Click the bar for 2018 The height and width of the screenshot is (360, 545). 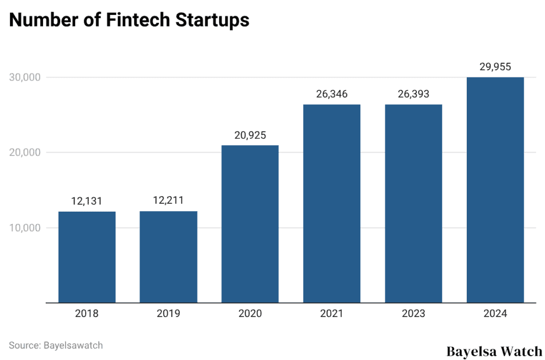(87, 257)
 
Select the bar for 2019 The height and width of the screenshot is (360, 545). (168, 257)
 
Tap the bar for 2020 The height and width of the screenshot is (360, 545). (250, 224)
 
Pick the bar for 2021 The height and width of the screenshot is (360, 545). (332, 204)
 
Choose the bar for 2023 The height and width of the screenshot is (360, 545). (414, 204)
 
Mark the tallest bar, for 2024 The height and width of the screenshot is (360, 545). (495, 190)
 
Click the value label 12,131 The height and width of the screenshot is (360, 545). (87, 201)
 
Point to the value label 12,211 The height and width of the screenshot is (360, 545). (168, 201)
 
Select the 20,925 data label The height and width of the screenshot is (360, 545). (250, 135)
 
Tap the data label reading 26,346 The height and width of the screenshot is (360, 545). (332, 94)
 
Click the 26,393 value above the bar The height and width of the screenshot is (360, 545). (414, 94)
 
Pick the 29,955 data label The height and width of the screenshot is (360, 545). (495, 67)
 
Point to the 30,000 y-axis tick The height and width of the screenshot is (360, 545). (25, 78)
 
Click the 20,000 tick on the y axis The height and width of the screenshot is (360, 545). (25, 153)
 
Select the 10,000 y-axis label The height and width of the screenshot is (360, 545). (25, 228)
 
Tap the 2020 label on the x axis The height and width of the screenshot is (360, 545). (250, 314)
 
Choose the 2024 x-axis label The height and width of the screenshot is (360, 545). (495, 314)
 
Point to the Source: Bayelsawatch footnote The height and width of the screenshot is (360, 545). (56, 345)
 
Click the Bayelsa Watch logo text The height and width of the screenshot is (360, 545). (494, 351)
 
